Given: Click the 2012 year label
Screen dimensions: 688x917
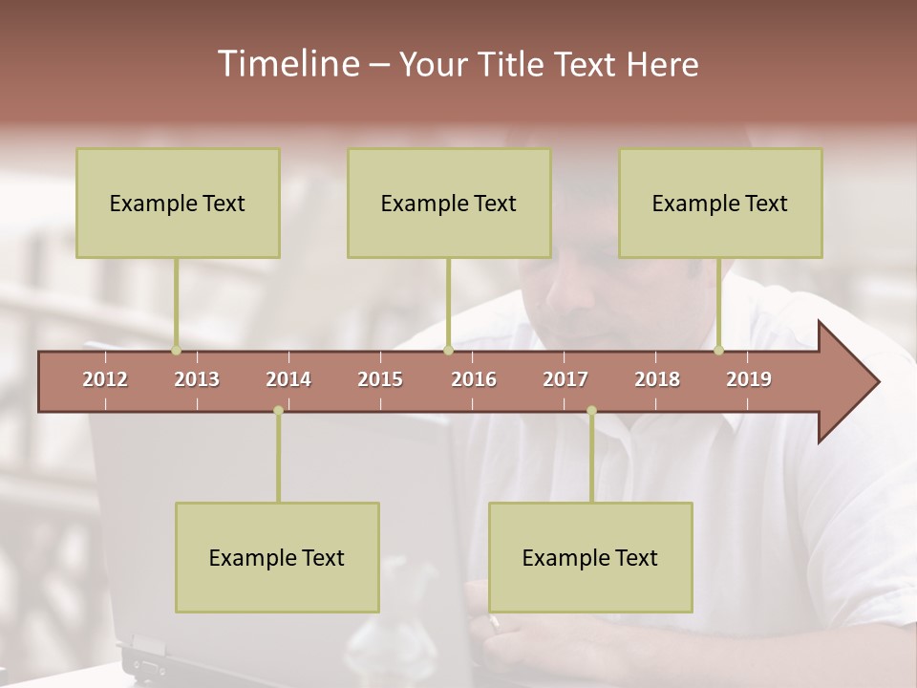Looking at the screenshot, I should click(105, 379).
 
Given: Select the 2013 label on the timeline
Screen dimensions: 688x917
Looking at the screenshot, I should click(197, 379).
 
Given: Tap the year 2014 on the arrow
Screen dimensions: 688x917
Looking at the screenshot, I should click(288, 379).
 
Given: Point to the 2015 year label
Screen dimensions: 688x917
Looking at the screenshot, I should click(380, 379).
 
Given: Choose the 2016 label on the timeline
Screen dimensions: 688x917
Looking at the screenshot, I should click(474, 379).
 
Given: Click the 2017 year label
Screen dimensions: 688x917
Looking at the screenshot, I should click(565, 379).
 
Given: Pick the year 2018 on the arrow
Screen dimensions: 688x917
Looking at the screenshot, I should click(657, 379).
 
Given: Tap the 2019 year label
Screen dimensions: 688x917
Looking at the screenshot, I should click(749, 379).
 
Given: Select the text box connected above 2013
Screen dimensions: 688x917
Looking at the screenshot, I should click(178, 204).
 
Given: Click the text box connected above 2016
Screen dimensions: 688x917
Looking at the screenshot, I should click(449, 204).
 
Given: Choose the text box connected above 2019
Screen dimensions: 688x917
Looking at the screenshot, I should click(720, 204).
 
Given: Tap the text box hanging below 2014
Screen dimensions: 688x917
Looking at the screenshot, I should click(277, 558).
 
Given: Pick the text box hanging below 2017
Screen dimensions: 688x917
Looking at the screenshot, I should click(590, 558).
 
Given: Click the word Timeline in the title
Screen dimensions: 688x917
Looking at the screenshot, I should click(287, 64).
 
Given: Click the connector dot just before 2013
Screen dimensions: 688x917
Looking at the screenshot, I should click(176, 350).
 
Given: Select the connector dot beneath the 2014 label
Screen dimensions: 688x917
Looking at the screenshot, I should click(278, 411).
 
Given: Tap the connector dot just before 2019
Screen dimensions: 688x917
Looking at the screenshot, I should click(718, 350).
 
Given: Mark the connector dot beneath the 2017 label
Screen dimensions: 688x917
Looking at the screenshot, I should click(591, 411).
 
